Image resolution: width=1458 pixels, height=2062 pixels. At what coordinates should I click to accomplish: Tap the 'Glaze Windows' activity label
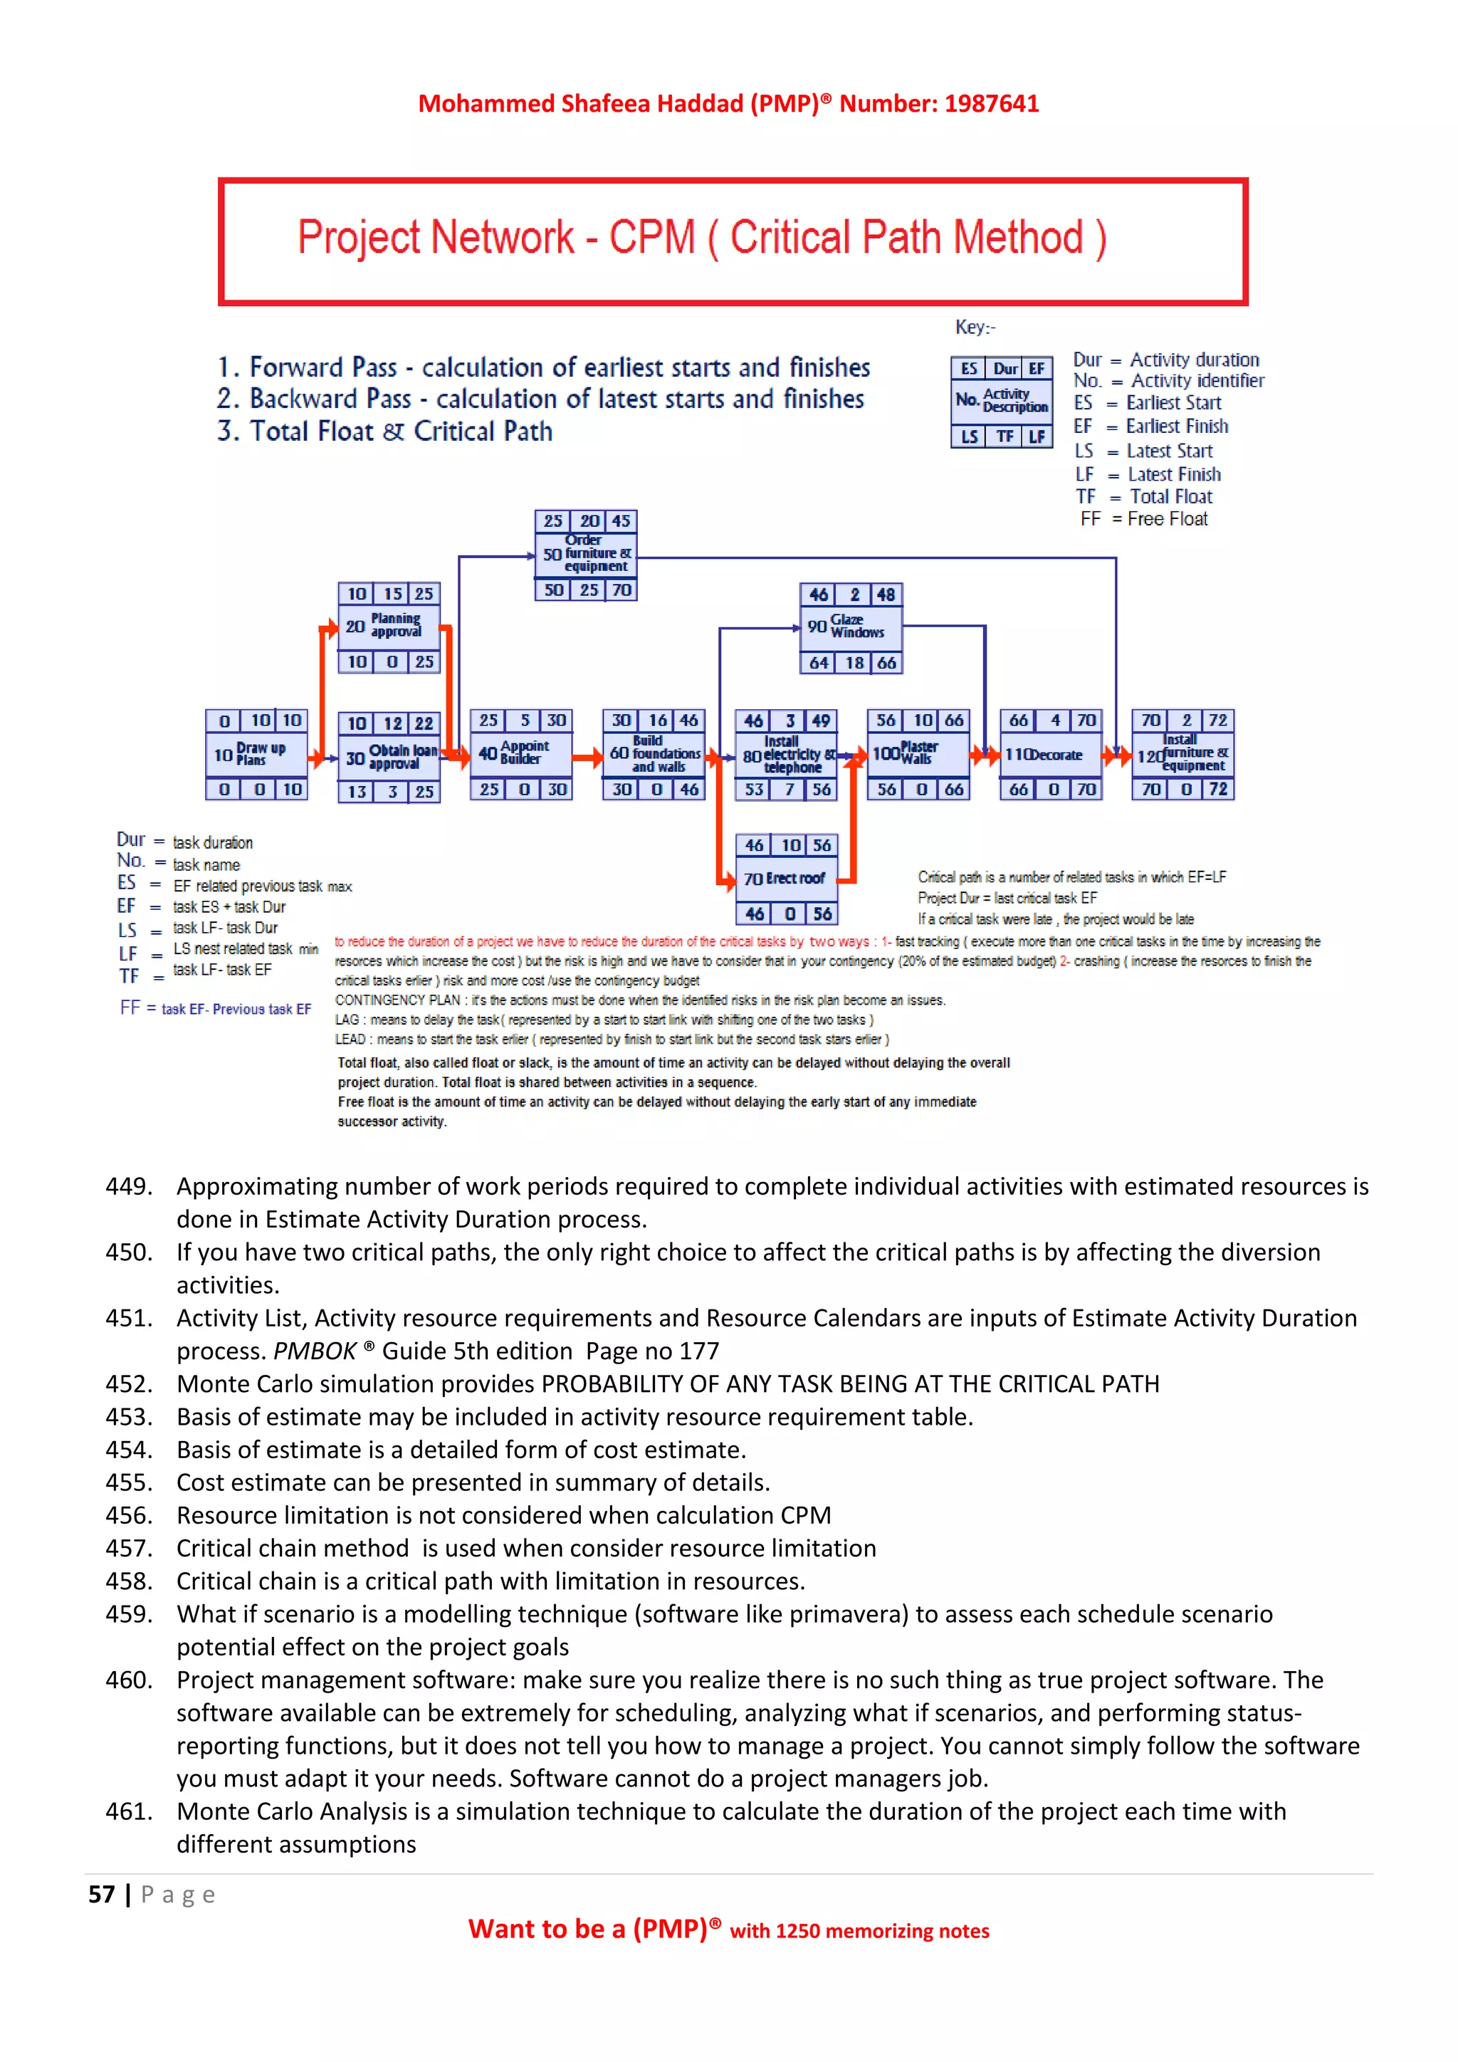tap(856, 626)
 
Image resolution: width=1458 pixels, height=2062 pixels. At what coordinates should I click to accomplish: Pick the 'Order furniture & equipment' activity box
tap(586, 554)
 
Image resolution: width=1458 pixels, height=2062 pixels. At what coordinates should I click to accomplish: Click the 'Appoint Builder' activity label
tap(523, 753)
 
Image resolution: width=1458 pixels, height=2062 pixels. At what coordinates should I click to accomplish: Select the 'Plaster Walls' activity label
tap(918, 753)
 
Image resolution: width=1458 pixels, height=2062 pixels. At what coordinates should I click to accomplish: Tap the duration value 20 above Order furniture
tap(589, 521)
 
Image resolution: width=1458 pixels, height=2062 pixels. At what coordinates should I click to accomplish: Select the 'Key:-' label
tap(975, 327)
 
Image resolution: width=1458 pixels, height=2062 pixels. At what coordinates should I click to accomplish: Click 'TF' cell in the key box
tap(1004, 436)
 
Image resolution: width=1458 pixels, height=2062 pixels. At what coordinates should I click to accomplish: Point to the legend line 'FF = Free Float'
tap(1144, 519)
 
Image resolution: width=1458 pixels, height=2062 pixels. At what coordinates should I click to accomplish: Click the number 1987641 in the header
tap(991, 104)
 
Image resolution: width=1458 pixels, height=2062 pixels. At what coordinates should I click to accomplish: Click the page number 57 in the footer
tap(102, 1895)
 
